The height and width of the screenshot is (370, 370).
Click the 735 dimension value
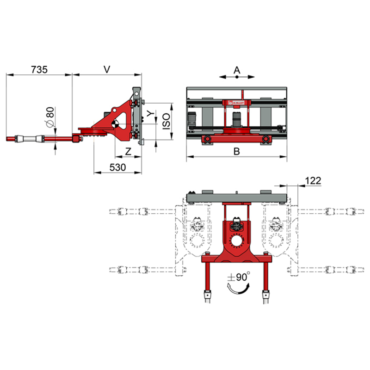pyautogui.click(x=39, y=70)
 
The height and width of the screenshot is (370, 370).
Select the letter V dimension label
pyautogui.click(x=107, y=69)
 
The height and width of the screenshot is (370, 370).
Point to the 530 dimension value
pyautogui.click(x=117, y=167)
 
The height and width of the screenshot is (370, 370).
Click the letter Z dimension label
pyautogui.click(x=128, y=151)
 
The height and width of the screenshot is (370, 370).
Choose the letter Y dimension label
pyautogui.click(x=151, y=113)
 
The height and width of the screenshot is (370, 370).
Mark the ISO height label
pyautogui.click(x=166, y=121)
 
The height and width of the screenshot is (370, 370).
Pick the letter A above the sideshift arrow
pyautogui.click(x=237, y=70)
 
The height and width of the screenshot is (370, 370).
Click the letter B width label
pyautogui.click(x=237, y=151)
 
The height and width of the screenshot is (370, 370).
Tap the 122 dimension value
pyautogui.click(x=313, y=181)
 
